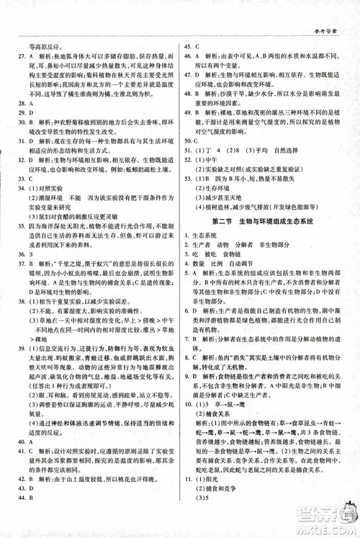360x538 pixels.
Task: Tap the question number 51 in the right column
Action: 191,151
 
